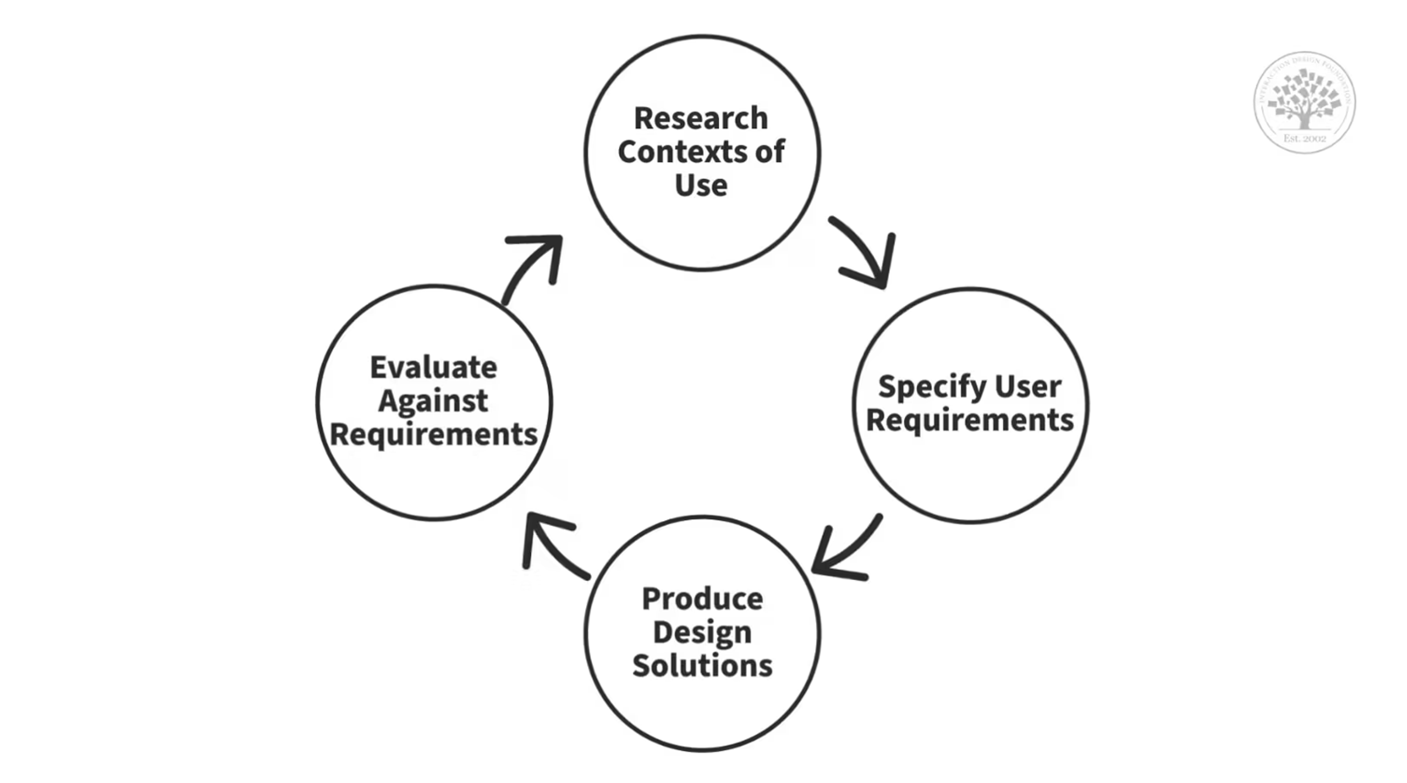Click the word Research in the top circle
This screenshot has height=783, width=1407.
point(701,119)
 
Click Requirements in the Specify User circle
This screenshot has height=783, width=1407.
point(970,420)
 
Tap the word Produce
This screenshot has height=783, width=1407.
point(702,599)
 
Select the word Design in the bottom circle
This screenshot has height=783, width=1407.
point(702,632)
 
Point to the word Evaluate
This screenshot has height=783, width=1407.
point(434,367)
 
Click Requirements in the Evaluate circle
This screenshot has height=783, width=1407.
point(434,435)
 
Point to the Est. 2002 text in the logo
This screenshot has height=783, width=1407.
point(1304,139)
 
